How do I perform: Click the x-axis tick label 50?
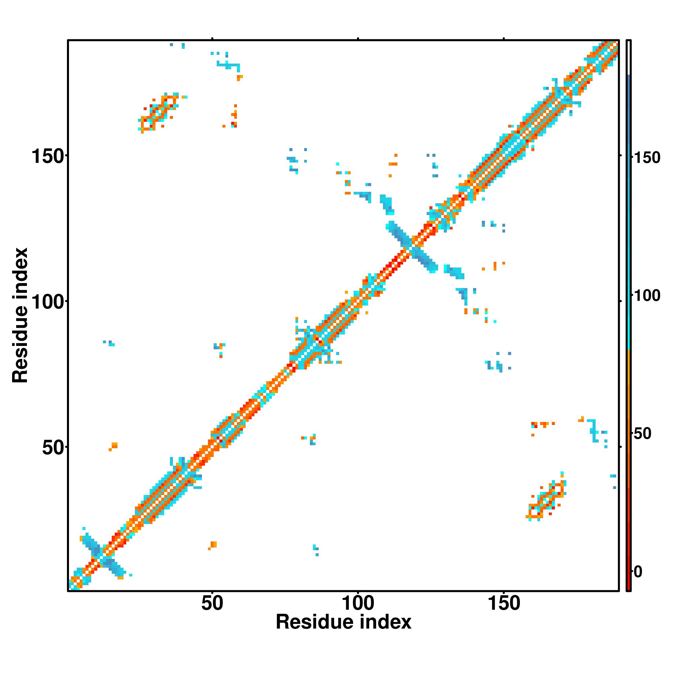pos(212,604)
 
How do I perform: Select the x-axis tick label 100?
pos(358,604)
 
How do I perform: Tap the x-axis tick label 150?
pos(504,604)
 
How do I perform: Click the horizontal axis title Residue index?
pos(344,622)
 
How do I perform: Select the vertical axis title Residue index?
pos(20,315)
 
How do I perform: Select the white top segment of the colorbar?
pos(629,58)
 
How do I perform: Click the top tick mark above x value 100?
pos(358,39)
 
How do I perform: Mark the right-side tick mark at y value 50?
pos(621,447)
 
